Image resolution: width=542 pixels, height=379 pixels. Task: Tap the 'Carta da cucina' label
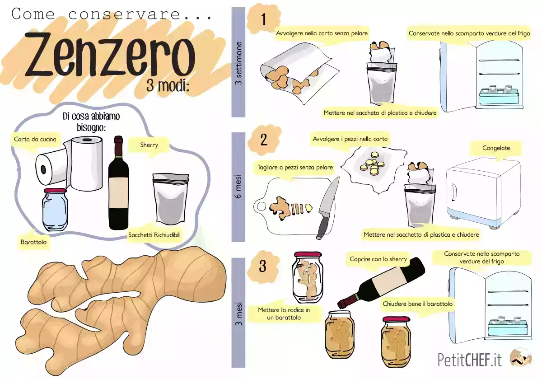point(35,139)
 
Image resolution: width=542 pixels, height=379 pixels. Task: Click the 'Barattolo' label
point(34,242)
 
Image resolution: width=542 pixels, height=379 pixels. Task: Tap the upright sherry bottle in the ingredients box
point(118,185)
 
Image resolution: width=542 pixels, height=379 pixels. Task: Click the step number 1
point(264,20)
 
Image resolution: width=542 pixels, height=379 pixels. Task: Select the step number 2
point(264,139)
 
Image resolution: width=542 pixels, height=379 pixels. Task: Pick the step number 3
point(263,267)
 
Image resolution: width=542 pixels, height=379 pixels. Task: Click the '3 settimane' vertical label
point(238,63)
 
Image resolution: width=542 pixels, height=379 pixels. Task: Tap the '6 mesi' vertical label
point(238,187)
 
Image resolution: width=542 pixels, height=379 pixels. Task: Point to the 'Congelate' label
point(496,148)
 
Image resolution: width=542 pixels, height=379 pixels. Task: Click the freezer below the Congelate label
point(483,192)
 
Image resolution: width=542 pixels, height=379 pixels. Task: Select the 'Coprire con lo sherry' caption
point(378,259)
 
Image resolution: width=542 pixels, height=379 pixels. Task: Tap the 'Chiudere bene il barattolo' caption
point(417,304)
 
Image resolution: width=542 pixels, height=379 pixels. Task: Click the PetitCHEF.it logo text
point(470,360)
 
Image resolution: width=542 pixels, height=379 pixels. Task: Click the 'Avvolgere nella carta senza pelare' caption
point(322,33)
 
